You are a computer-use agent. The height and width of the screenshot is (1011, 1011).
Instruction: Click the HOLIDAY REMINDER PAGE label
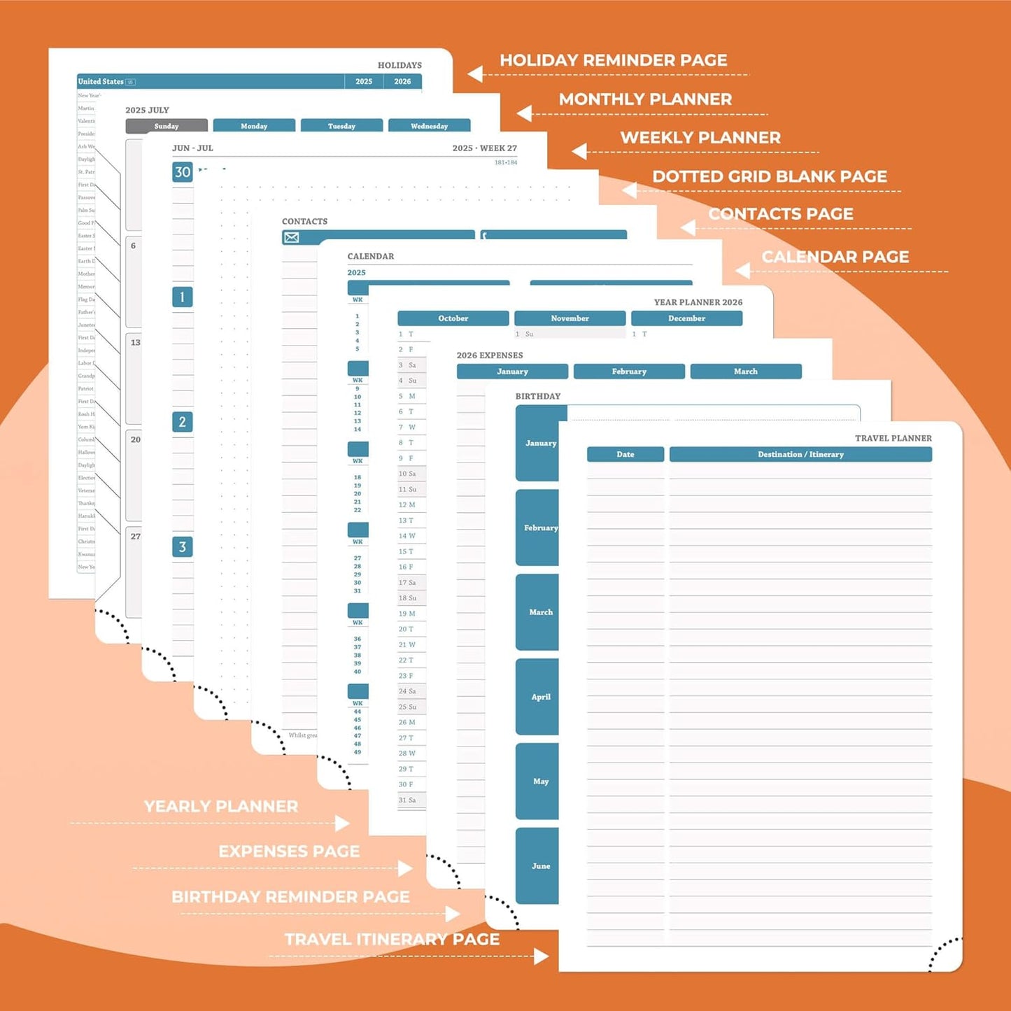(613, 60)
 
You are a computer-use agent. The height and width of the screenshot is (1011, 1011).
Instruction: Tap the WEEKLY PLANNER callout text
(700, 138)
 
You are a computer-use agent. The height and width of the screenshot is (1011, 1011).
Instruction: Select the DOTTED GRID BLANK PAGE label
(769, 176)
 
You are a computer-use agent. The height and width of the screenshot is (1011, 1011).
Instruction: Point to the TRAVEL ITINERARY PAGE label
(392, 939)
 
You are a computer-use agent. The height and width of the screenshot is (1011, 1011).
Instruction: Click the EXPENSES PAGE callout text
(289, 851)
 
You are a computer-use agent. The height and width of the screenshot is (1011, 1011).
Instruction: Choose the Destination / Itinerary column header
(800, 455)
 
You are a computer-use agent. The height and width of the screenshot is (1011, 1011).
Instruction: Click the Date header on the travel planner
(625, 455)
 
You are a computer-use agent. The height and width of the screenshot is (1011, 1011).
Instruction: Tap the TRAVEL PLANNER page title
(893, 439)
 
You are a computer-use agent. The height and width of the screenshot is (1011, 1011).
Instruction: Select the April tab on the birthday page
(540, 697)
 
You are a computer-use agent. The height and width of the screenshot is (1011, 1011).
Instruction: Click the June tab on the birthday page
(540, 866)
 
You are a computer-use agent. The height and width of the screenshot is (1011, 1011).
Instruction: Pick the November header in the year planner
(570, 318)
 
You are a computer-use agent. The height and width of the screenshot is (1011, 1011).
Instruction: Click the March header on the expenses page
(745, 372)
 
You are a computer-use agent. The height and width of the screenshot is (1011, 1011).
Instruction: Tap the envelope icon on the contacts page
(292, 238)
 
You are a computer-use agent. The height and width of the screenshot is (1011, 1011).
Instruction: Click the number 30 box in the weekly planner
(183, 172)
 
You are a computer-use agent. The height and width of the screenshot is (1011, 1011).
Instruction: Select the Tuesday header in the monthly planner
(341, 126)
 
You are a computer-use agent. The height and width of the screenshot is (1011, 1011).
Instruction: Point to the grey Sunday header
(167, 126)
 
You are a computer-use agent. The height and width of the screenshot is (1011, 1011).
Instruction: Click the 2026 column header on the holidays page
(402, 82)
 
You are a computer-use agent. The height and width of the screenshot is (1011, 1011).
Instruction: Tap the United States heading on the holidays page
(101, 82)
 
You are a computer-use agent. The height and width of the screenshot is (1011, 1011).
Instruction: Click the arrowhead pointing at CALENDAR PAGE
(743, 271)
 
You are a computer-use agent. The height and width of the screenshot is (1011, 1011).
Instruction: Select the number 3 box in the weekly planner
(183, 547)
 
